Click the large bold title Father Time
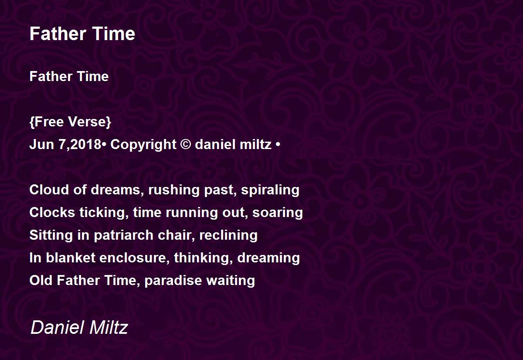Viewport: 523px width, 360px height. click(x=82, y=34)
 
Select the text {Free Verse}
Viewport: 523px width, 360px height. click(x=70, y=122)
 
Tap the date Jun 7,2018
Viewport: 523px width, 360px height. click(x=65, y=145)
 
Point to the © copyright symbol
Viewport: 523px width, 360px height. click(x=185, y=145)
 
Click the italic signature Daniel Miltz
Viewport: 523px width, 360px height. click(x=79, y=327)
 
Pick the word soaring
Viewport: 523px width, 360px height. click(x=278, y=213)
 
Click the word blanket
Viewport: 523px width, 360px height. click(x=71, y=258)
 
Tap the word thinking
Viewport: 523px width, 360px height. click(x=203, y=258)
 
